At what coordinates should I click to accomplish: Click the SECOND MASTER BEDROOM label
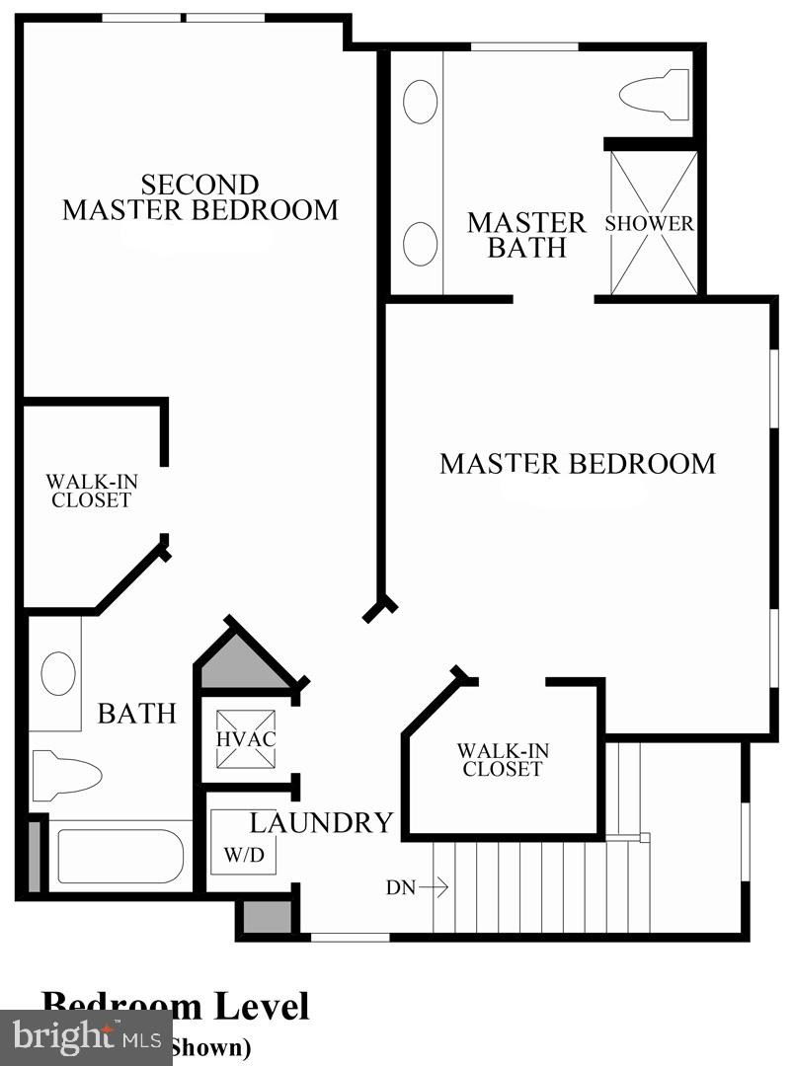(200, 197)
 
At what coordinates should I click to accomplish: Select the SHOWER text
(649, 224)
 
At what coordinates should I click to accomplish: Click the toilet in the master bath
(654, 95)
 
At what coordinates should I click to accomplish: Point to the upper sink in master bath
(421, 102)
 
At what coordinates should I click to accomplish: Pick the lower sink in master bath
(421, 243)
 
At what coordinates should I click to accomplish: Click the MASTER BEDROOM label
(577, 463)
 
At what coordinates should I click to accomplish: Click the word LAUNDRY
(321, 822)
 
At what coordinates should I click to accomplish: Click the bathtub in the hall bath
(119, 856)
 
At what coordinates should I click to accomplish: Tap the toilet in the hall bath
(65, 775)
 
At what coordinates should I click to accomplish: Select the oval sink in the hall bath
(58, 675)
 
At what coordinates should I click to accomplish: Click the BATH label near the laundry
(136, 713)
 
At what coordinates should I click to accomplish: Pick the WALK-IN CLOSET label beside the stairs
(503, 760)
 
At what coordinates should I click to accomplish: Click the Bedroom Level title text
(175, 1005)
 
